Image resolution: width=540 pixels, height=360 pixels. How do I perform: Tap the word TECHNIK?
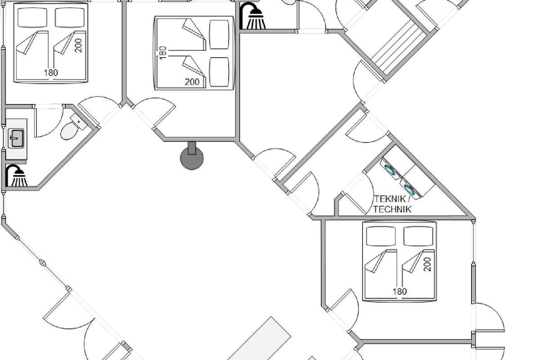pyautogui.click(x=392, y=209)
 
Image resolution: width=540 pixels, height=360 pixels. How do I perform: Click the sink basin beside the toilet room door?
pyautogui.click(x=16, y=138)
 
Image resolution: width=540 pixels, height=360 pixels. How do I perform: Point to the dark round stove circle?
pyautogui.click(x=192, y=158)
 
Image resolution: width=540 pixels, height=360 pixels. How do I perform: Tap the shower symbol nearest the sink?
pyautogui.click(x=17, y=175)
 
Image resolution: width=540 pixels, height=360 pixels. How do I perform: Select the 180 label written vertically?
pyautogui.click(x=163, y=52)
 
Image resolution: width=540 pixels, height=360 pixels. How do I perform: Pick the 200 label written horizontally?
pyautogui.click(x=192, y=82)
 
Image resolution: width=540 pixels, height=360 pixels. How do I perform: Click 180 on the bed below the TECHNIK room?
pyautogui.click(x=400, y=291)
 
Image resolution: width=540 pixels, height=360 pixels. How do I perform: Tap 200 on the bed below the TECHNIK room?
pyautogui.click(x=427, y=264)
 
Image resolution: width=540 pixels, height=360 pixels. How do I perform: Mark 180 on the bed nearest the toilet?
pyautogui.click(x=51, y=72)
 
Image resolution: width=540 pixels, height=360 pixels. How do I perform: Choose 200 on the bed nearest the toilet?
pyautogui.click(x=79, y=45)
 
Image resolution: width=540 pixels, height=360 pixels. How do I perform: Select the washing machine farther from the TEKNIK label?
pyautogui.click(x=390, y=169)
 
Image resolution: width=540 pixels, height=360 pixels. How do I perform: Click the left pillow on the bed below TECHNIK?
pyautogui.click(x=381, y=235)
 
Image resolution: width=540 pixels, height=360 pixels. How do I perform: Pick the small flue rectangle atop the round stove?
pyautogui.click(x=192, y=148)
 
